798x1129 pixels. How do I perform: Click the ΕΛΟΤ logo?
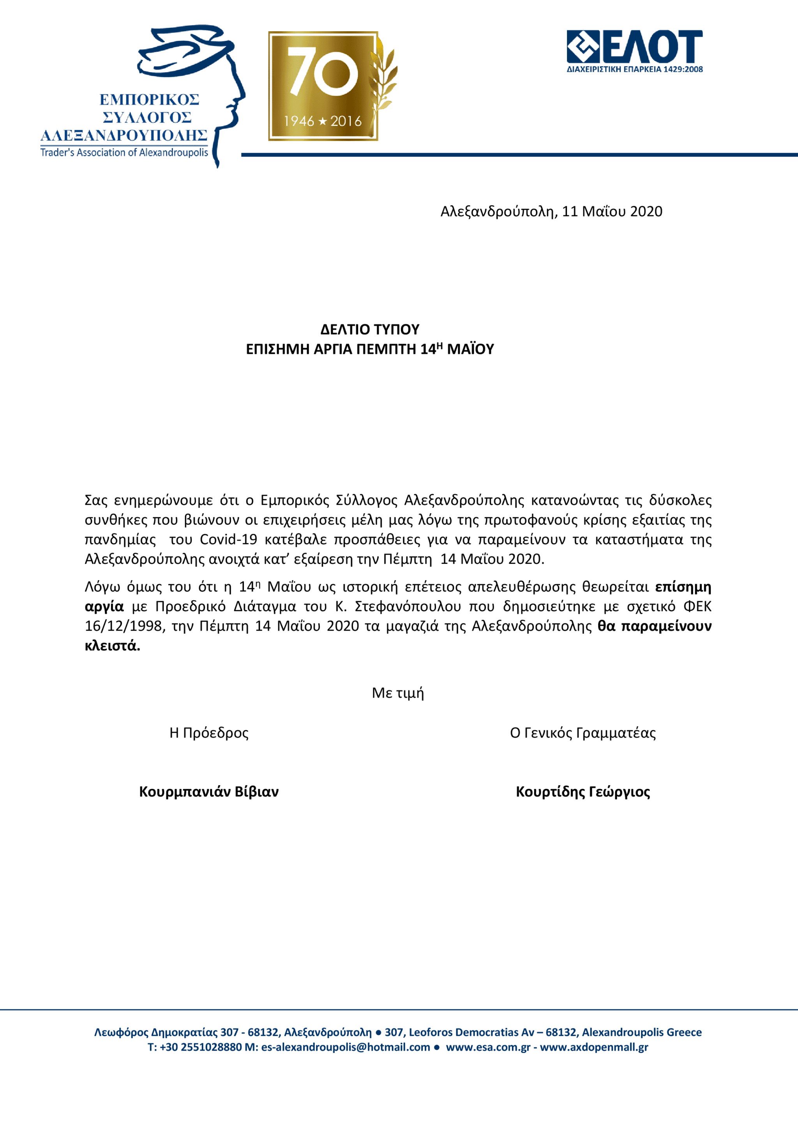click(x=634, y=51)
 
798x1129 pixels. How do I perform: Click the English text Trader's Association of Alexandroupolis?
click(x=124, y=152)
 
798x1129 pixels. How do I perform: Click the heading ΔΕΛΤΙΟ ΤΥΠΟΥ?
click(x=370, y=329)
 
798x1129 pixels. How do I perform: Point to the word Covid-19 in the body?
click(x=228, y=539)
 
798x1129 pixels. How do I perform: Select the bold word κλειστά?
click(x=113, y=646)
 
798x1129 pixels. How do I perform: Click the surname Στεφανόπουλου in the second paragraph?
click(x=408, y=606)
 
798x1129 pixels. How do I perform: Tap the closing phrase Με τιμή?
click(x=398, y=693)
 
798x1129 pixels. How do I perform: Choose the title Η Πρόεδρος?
click(x=209, y=733)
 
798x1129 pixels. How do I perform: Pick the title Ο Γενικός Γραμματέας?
click(x=583, y=733)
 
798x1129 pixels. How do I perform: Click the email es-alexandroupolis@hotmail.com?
click(x=346, y=1047)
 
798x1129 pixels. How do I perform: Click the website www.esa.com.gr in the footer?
click(x=488, y=1047)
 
